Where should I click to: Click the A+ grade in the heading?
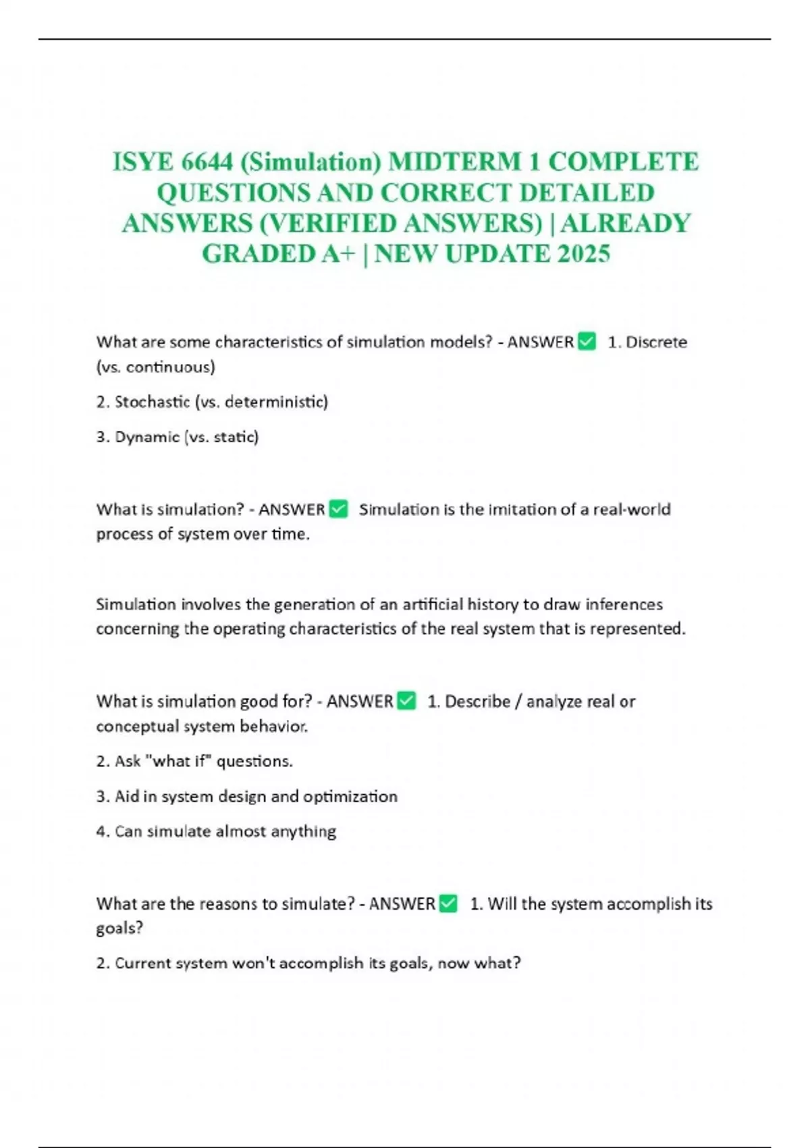tap(338, 254)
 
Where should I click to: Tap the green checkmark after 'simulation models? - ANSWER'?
tap(587, 342)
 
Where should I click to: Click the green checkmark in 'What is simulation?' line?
tap(338, 509)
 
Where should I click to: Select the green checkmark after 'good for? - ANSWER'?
tap(406, 701)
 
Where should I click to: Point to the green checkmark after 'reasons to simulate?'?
tap(448, 904)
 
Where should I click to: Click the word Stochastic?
tap(153, 402)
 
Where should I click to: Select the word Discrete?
tap(656, 342)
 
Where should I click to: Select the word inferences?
tap(624, 604)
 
